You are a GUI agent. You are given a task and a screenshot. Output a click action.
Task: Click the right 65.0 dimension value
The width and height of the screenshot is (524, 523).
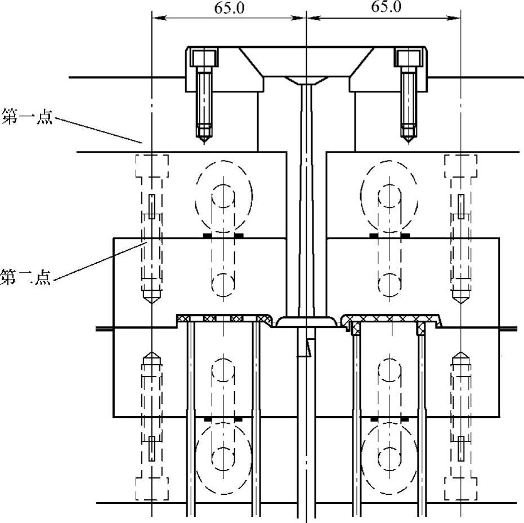pos(386,7)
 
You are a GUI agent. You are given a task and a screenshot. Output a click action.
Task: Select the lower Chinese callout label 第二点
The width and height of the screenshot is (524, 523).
pos(26,277)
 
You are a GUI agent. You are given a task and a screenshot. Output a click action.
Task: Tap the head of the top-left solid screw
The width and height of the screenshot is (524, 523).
pos(204,58)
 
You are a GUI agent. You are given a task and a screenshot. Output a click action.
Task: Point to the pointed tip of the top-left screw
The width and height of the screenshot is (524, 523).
pos(204,143)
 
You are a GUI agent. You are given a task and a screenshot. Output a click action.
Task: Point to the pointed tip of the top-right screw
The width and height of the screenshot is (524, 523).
pos(409,143)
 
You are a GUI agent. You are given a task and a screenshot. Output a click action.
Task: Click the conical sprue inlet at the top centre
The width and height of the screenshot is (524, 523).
pos(306,81)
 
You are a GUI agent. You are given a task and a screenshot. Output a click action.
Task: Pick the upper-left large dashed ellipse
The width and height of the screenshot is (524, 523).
pos(224,197)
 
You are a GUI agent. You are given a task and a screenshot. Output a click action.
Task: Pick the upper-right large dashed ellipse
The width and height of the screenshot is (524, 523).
pos(389,197)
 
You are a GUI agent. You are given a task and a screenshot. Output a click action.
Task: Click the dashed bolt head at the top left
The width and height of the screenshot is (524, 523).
pos(152,166)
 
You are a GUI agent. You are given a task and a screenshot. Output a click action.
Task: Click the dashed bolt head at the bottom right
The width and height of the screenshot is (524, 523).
pos(461,489)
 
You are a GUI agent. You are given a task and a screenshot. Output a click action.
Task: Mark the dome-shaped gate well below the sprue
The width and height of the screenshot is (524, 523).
pos(306,322)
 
